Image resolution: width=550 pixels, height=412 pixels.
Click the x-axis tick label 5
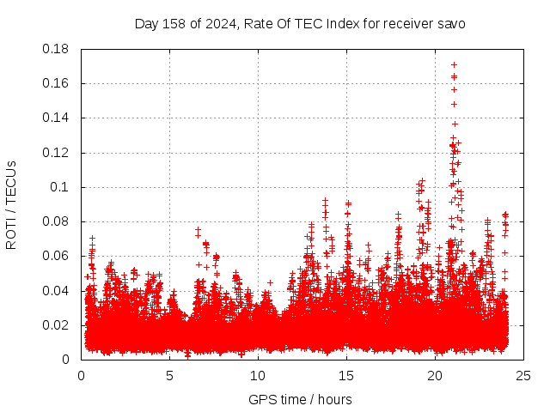tap(169, 375)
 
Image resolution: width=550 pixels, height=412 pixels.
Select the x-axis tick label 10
tap(258, 375)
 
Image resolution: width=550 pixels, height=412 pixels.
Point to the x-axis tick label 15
tap(346, 375)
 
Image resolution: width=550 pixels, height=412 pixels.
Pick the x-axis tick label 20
tap(435, 375)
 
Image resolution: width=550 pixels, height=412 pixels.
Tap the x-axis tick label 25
tap(523, 375)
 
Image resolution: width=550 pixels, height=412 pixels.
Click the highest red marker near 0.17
tap(454, 64)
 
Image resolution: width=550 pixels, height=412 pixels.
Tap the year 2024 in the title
tap(217, 24)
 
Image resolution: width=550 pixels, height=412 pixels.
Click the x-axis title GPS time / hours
tap(300, 399)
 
